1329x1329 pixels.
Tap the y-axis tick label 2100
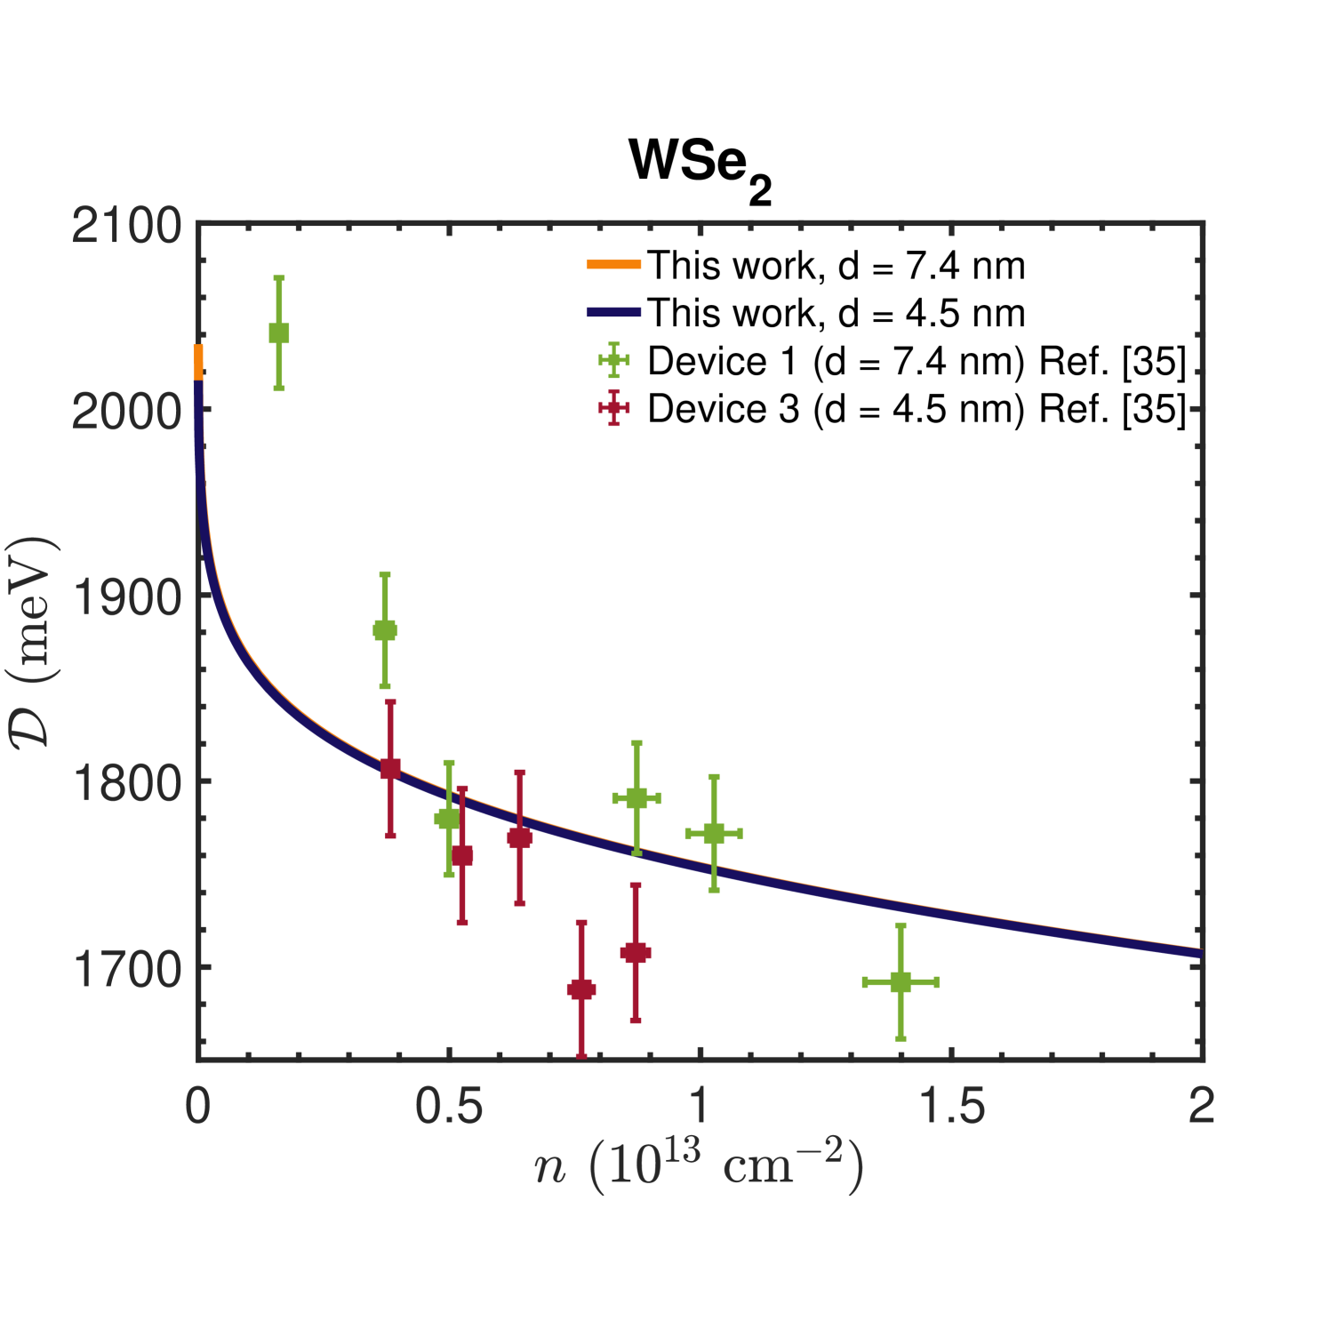pos(126,226)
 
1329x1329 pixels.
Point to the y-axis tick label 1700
pos(126,969)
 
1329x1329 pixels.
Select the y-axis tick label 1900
pos(126,597)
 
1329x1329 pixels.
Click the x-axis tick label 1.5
pos(951,1107)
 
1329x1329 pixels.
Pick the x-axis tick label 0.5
pos(449,1107)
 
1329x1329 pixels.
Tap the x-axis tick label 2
pos(1201,1107)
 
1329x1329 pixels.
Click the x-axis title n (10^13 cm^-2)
pos(699,1167)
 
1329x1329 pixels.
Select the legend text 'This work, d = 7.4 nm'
pos(836,266)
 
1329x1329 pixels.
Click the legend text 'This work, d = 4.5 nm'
pos(836,313)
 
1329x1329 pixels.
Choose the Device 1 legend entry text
pos(917,361)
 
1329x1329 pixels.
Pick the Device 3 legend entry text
pos(917,409)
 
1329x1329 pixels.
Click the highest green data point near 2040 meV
pos(278,333)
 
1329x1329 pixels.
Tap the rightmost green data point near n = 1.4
pos(901,982)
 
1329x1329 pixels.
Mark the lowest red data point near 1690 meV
pos(581,989)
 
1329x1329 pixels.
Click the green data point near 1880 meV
pos(384,630)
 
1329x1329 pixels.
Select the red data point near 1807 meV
pos(390,769)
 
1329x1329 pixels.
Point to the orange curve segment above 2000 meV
pos(198,360)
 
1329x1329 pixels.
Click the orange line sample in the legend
pos(613,264)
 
